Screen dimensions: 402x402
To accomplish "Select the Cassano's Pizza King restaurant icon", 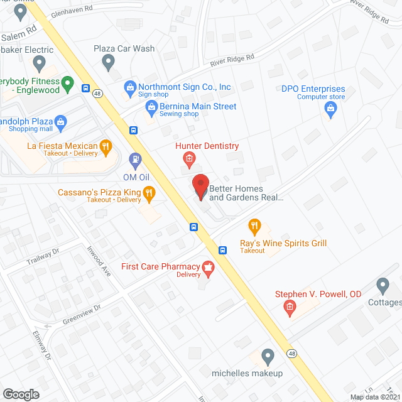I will click(x=149, y=194).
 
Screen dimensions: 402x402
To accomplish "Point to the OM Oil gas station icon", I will click(x=134, y=161).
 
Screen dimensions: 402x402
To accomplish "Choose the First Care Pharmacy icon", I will click(x=207, y=269).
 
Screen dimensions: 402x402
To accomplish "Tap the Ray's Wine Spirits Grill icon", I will click(x=254, y=226).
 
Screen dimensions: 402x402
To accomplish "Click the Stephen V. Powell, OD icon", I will click(x=290, y=308).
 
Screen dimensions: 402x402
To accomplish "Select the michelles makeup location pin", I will click(x=268, y=356).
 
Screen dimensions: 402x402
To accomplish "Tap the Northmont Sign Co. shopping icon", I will click(x=129, y=87).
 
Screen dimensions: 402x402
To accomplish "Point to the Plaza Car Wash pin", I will click(x=108, y=62).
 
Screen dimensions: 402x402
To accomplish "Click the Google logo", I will click(x=21, y=394).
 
